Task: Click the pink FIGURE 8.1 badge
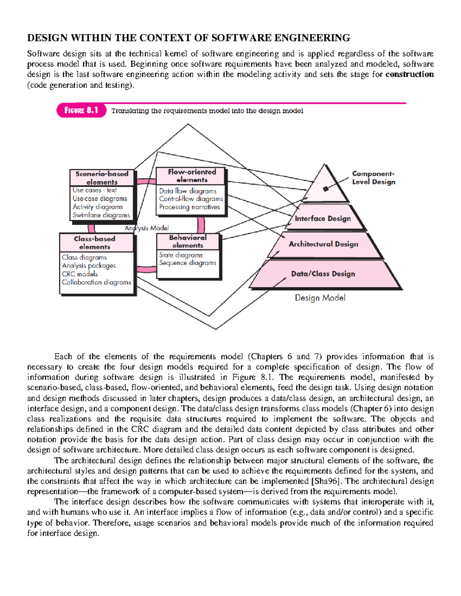click(81, 111)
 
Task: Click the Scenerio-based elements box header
click(102, 178)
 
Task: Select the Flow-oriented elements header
click(192, 176)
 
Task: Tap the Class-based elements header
click(95, 243)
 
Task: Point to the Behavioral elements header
click(188, 241)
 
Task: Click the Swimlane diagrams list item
click(101, 215)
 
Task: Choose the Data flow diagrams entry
click(188, 191)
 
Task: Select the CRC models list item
click(80, 274)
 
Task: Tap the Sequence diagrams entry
click(187, 263)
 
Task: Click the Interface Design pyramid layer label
click(323, 218)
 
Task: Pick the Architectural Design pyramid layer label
click(323, 244)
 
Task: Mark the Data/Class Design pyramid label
click(323, 274)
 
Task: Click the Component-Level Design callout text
click(373, 178)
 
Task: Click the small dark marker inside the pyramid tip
click(326, 188)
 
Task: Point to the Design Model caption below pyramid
click(320, 298)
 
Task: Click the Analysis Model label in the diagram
click(147, 228)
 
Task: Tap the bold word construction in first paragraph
click(410, 74)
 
